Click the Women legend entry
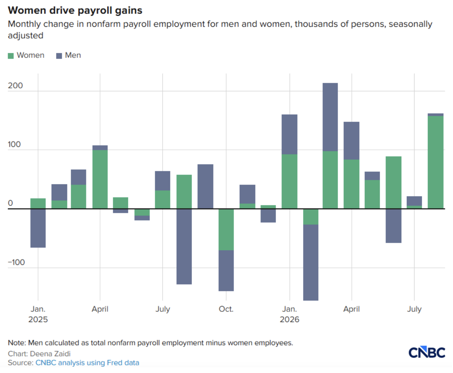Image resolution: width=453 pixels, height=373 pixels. tap(26, 55)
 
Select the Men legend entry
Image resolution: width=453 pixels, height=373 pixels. tap(69, 55)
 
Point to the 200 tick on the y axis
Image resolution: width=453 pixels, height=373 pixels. tap(15, 86)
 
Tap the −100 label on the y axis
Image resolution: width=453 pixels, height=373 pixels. tap(16, 262)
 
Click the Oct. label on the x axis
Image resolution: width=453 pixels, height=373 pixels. tap(226, 309)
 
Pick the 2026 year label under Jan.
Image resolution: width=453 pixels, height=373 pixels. tap(290, 320)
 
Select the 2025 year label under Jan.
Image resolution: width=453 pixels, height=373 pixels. tap(38, 320)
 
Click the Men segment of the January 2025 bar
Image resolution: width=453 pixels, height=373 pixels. tap(38, 228)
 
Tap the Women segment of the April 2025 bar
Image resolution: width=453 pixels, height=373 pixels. tap(100, 179)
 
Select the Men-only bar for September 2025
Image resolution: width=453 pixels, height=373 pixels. tap(205, 186)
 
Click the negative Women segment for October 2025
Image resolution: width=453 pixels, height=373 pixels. tap(226, 230)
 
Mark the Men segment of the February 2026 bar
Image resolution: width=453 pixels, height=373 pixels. tap(311, 262)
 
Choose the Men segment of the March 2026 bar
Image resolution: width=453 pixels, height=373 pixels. tap(330, 117)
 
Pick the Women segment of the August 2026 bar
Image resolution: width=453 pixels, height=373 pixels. tap(435, 162)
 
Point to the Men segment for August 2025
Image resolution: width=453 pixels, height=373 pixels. tap(184, 247)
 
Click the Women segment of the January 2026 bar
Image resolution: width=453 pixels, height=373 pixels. tap(290, 181)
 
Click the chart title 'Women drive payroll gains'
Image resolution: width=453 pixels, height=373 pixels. tap(75, 10)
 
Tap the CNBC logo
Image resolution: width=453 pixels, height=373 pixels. tap(427, 352)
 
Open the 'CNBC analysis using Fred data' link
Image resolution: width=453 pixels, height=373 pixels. tap(87, 363)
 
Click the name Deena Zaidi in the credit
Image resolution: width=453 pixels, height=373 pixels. tap(50, 354)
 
